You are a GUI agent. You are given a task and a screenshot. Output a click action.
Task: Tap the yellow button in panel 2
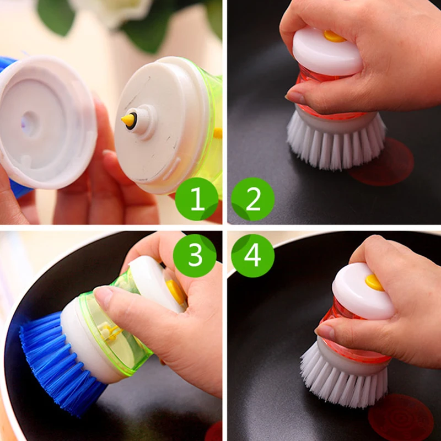(x=334, y=36)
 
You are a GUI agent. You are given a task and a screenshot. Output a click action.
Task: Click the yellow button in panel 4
(x=374, y=282)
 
